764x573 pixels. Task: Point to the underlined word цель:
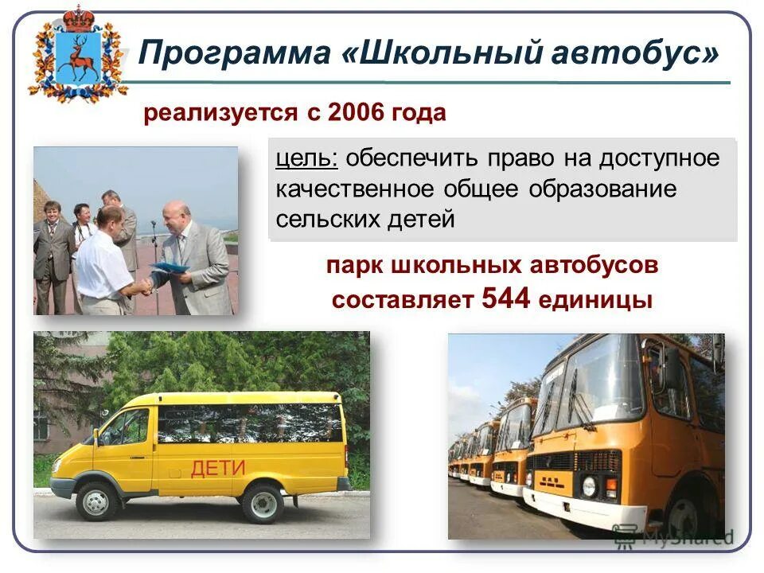point(307,158)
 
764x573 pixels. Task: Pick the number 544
point(506,299)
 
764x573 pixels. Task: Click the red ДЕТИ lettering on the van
point(218,468)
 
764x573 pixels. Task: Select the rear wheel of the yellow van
point(263,502)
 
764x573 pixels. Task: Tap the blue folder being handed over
point(170,267)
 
